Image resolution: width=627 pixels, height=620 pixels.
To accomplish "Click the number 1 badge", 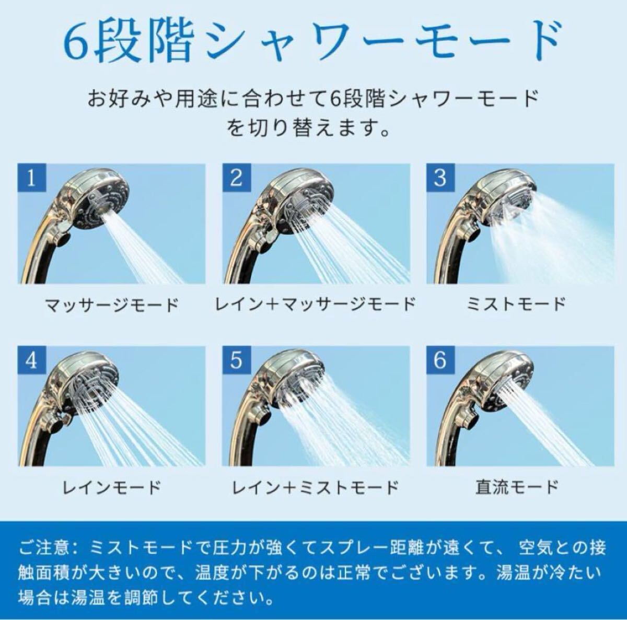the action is [x=32, y=178].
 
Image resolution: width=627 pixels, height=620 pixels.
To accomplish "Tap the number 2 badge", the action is [x=237, y=178].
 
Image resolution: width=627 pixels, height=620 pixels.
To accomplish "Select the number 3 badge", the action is [x=441, y=178].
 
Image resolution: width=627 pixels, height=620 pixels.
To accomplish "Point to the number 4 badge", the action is [x=32, y=360].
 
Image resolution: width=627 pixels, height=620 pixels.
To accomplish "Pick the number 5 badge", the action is [x=237, y=360].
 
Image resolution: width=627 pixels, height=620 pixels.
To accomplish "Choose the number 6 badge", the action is [x=441, y=360].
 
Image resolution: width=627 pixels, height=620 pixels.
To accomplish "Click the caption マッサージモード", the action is [x=112, y=305].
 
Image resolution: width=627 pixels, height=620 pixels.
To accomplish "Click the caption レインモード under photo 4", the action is [x=112, y=487].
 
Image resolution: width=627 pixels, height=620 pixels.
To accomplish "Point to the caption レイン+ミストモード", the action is [x=315, y=487].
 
